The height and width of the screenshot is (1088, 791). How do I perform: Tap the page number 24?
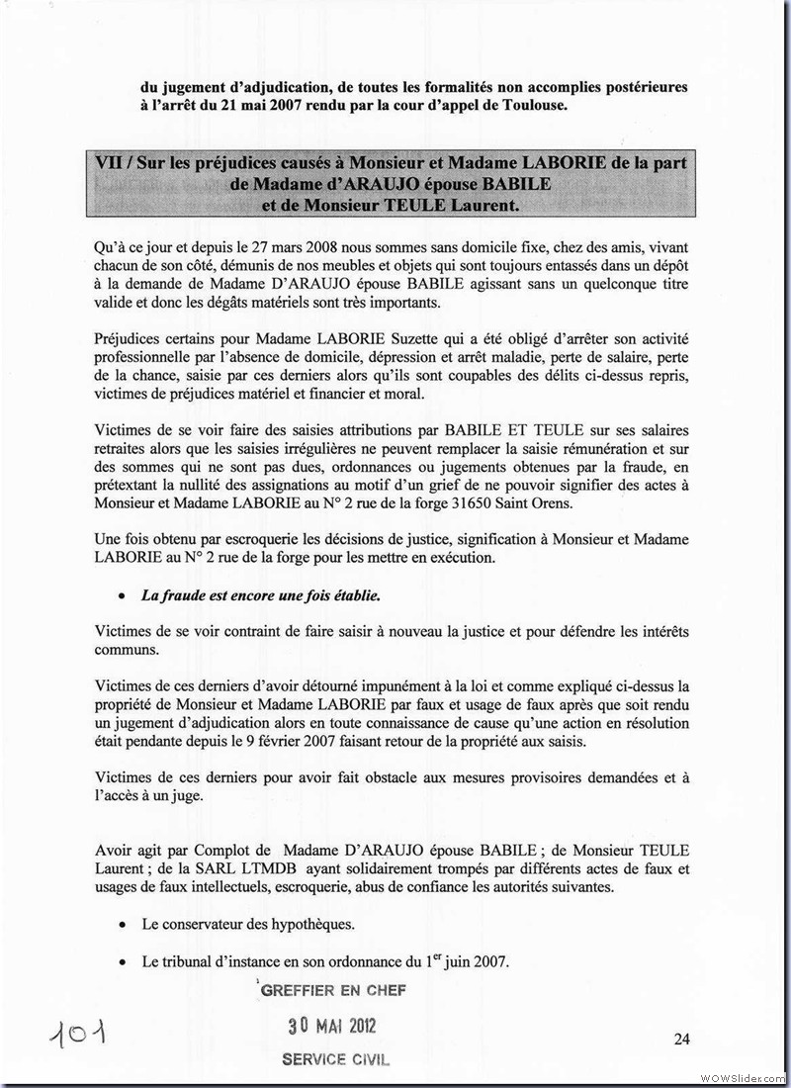click(681, 1038)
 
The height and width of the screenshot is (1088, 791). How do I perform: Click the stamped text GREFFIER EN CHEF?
click(332, 989)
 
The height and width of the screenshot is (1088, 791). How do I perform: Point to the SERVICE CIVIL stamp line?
click(335, 1058)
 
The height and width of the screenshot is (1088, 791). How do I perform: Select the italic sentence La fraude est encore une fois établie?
click(260, 596)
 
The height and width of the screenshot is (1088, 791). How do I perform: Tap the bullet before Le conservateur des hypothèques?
click(121, 925)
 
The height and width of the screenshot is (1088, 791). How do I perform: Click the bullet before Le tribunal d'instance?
click(121, 961)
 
